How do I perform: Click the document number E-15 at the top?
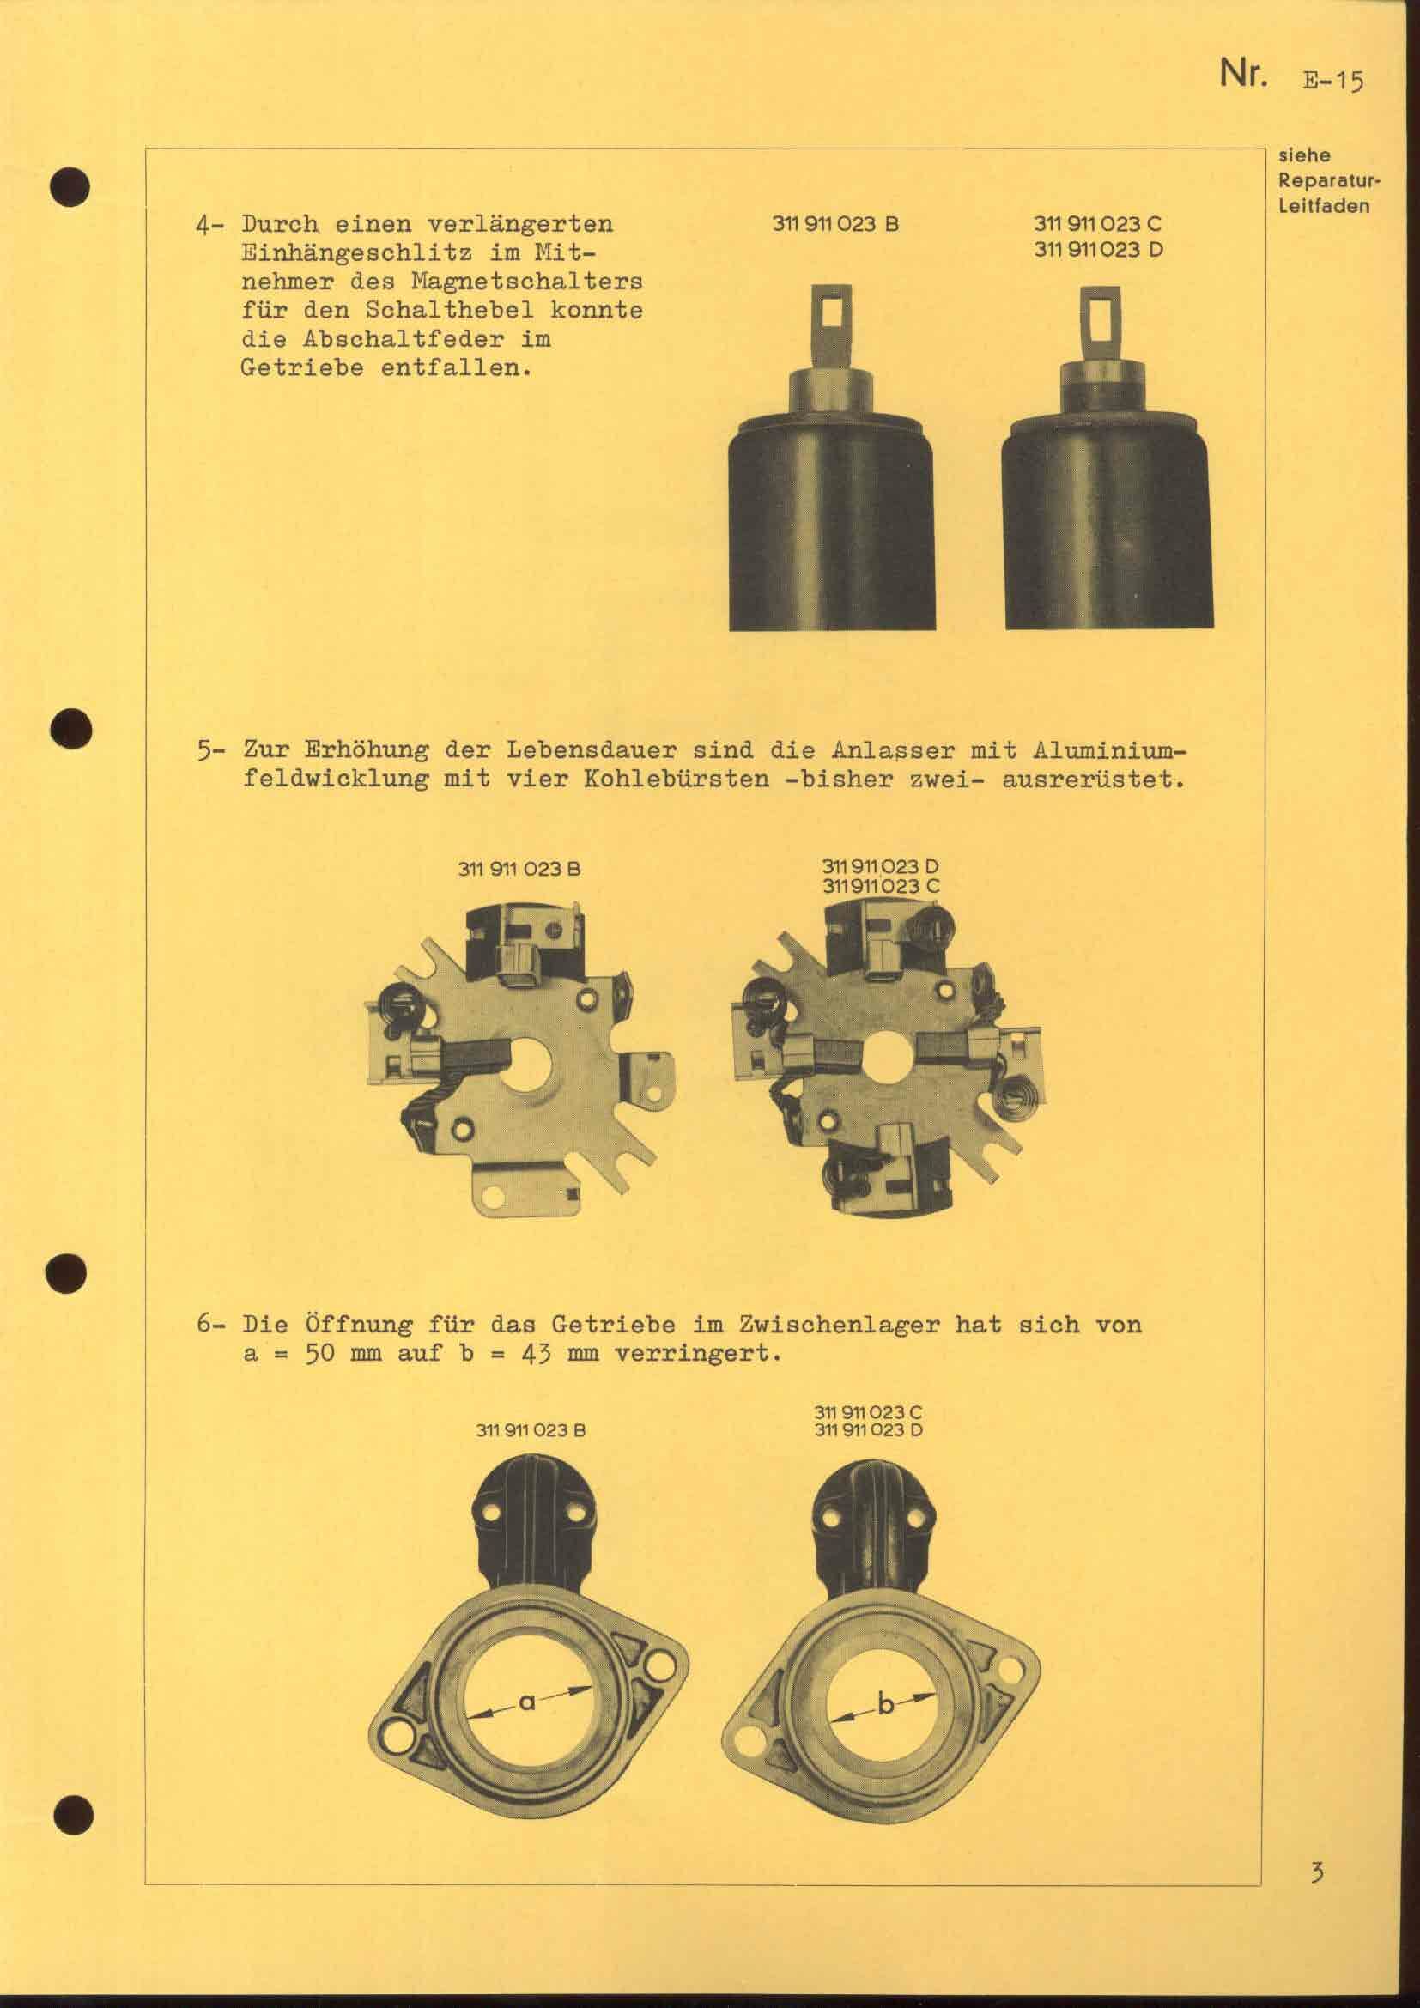(1332, 82)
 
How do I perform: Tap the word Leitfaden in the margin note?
(1325, 207)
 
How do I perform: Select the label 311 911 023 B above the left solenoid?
(836, 223)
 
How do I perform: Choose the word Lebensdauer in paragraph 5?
(568, 750)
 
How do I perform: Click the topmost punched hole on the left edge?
(73, 185)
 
